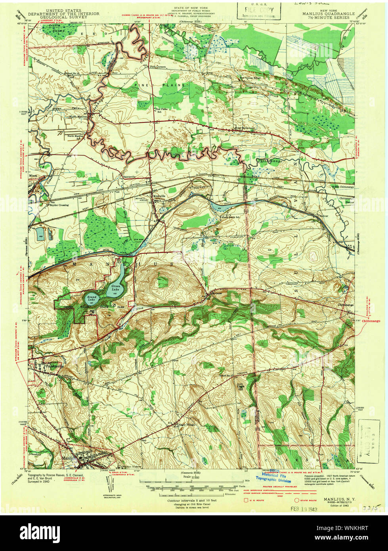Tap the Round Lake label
tap(92, 298)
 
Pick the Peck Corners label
tap(157, 67)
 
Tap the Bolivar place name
tap(325, 214)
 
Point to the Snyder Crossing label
tap(59, 205)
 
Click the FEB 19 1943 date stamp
tap(305, 508)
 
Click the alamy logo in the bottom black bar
tap(39, 532)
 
